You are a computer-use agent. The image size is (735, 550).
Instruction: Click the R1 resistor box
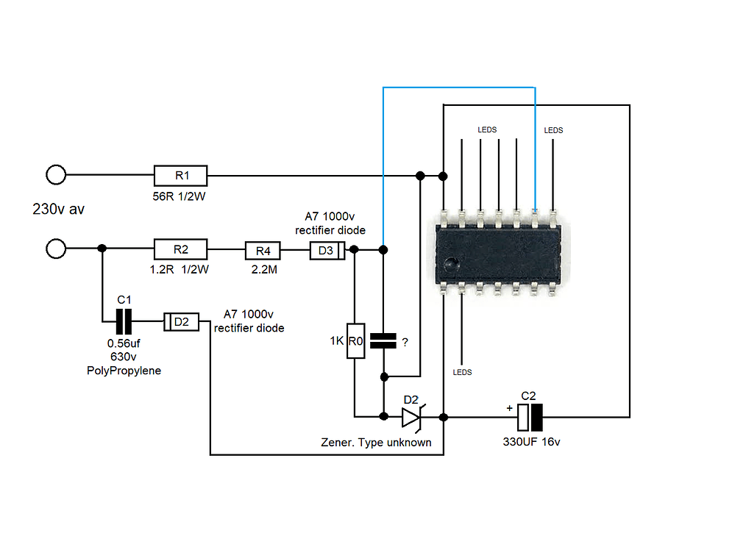pyautogui.click(x=181, y=176)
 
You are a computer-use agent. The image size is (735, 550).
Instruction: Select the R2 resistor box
pyautogui.click(x=181, y=250)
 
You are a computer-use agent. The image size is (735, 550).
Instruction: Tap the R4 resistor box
pyautogui.click(x=263, y=251)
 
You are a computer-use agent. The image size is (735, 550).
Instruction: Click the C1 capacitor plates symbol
pyautogui.click(x=123, y=321)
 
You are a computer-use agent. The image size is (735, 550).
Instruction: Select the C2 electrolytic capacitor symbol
pyautogui.click(x=530, y=418)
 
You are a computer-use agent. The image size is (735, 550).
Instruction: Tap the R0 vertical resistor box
pyautogui.click(x=355, y=340)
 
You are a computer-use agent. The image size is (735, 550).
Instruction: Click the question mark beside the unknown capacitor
pyautogui.click(x=405, y=341)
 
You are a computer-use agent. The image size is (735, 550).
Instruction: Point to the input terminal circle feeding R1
pyautogui.click(x=56, y=175)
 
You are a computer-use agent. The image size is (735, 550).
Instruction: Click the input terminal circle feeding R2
pyautogui.click(x=56, y=249)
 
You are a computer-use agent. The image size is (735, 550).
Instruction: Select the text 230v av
pyautogui.click(x=58, y=209)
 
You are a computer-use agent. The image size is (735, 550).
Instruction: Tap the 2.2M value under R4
pyautogui.click(x=263, y=270)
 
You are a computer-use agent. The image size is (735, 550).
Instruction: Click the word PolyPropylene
pyautogui.click(x=124, y=371)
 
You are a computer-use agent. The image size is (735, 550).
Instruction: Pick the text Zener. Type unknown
pyautogui.click(x=376, y=443)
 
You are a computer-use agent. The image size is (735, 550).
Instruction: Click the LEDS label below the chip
pyautogui.click(x=462, y=373)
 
